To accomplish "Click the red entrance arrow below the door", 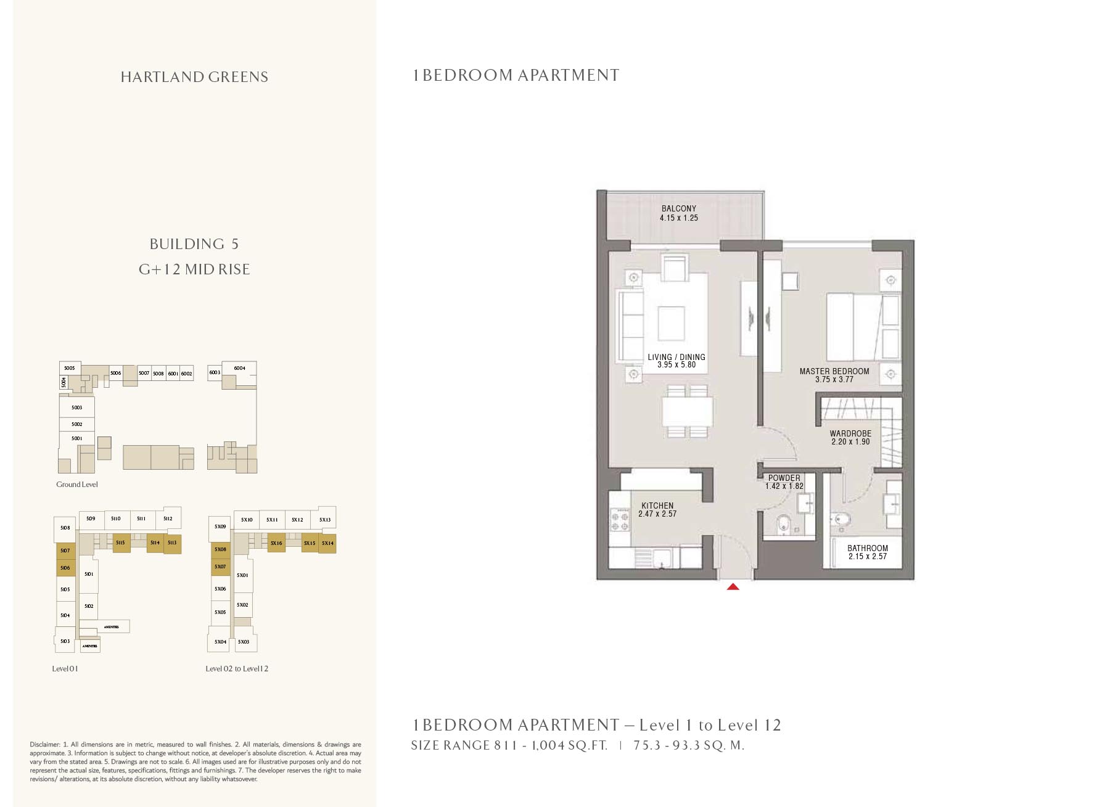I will [x=733, y=587].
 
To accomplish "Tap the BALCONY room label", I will [x=678, y=208].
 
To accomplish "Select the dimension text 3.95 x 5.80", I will [x=676, y=365].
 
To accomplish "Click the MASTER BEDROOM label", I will [x=834, y=371].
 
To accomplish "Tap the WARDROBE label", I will [x=850, y=433].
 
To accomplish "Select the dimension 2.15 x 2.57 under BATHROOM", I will [x=867, y=556].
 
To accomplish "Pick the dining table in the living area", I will [x=688, y=412].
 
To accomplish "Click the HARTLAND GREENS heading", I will [x=194, y=77].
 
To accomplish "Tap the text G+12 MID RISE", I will [x=194, y=269].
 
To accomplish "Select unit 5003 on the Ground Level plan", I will [x=76, y=408].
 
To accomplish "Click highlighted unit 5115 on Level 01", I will [x=121, y=543].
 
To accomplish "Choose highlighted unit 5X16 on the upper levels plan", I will [x=276, y=543].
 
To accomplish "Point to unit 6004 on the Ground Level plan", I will [x=239, y=368].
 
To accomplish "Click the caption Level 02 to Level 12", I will [x=237, y=668].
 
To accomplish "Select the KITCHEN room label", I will [x=657, y=506].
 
